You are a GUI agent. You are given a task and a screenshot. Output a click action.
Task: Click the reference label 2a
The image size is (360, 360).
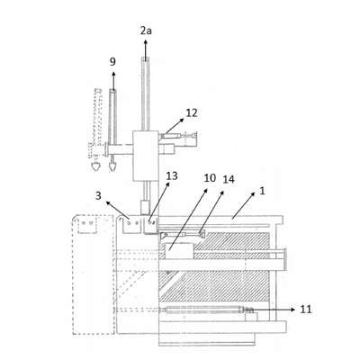(146, 31)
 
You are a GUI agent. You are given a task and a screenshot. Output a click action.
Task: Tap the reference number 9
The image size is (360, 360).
(112, 62)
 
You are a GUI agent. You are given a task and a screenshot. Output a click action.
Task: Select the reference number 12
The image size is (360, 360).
(192, 113)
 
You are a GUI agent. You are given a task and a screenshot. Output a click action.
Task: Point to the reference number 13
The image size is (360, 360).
(172, 175)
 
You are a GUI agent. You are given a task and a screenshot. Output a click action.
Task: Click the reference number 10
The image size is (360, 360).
(210, 178)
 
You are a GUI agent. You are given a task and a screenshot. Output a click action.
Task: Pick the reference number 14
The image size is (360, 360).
(229, 179)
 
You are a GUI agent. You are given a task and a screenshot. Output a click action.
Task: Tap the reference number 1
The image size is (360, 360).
(262, 191)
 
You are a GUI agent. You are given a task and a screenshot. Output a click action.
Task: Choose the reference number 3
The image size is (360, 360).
(98, 196)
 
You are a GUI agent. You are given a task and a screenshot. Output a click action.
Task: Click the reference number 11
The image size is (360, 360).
(306, 310)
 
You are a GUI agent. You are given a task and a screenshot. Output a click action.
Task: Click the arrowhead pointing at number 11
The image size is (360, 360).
(293, 310)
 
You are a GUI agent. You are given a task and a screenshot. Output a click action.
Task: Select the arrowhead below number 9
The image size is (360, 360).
(113, 75)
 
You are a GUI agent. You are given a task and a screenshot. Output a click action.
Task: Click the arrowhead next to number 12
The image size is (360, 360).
(182, 120)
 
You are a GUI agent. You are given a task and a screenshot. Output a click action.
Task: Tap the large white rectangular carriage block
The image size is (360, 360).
(146, 156)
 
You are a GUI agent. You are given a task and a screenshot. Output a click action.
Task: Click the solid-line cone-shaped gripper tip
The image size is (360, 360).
(112, 166)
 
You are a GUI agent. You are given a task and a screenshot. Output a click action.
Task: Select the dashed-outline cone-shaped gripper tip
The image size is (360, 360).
(96, 166)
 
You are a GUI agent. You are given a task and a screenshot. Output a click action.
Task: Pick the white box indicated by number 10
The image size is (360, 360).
(180, 251)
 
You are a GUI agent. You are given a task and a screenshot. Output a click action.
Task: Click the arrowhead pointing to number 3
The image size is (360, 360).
(108, 203)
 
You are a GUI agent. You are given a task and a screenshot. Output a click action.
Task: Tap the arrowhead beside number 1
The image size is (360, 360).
(253, 194)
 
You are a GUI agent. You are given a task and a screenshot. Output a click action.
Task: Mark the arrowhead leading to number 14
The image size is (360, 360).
(222, 192)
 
